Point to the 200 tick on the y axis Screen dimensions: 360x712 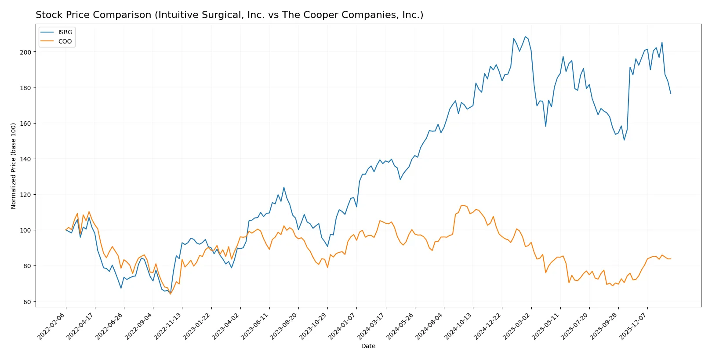tap(25, 52)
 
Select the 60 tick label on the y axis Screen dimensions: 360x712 tap(27, 302)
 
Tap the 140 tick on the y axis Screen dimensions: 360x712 tap(25, 159)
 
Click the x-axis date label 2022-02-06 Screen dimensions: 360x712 tap(52, 326)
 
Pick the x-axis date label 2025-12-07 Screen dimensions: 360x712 tap(633, 326)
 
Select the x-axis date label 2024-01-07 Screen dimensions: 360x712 tap(342, 326)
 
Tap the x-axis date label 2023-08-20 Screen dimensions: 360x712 tap(284, 326)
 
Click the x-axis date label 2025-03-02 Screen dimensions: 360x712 tap(517, 326)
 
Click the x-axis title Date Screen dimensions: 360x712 tap(368, 346)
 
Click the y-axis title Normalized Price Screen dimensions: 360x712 tap(13, 166)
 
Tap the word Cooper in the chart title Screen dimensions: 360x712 tap(317, 15)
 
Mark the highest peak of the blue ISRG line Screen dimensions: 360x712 tap(525, 36)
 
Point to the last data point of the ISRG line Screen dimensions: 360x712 tap(671, 94)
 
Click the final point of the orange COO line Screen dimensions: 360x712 tap(671, 259)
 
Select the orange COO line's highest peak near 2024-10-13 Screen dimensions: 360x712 tap(461, 205)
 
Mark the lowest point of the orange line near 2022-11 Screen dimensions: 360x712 tap(171, 294)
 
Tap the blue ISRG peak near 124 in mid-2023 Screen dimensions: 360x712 tap(284, 187)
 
